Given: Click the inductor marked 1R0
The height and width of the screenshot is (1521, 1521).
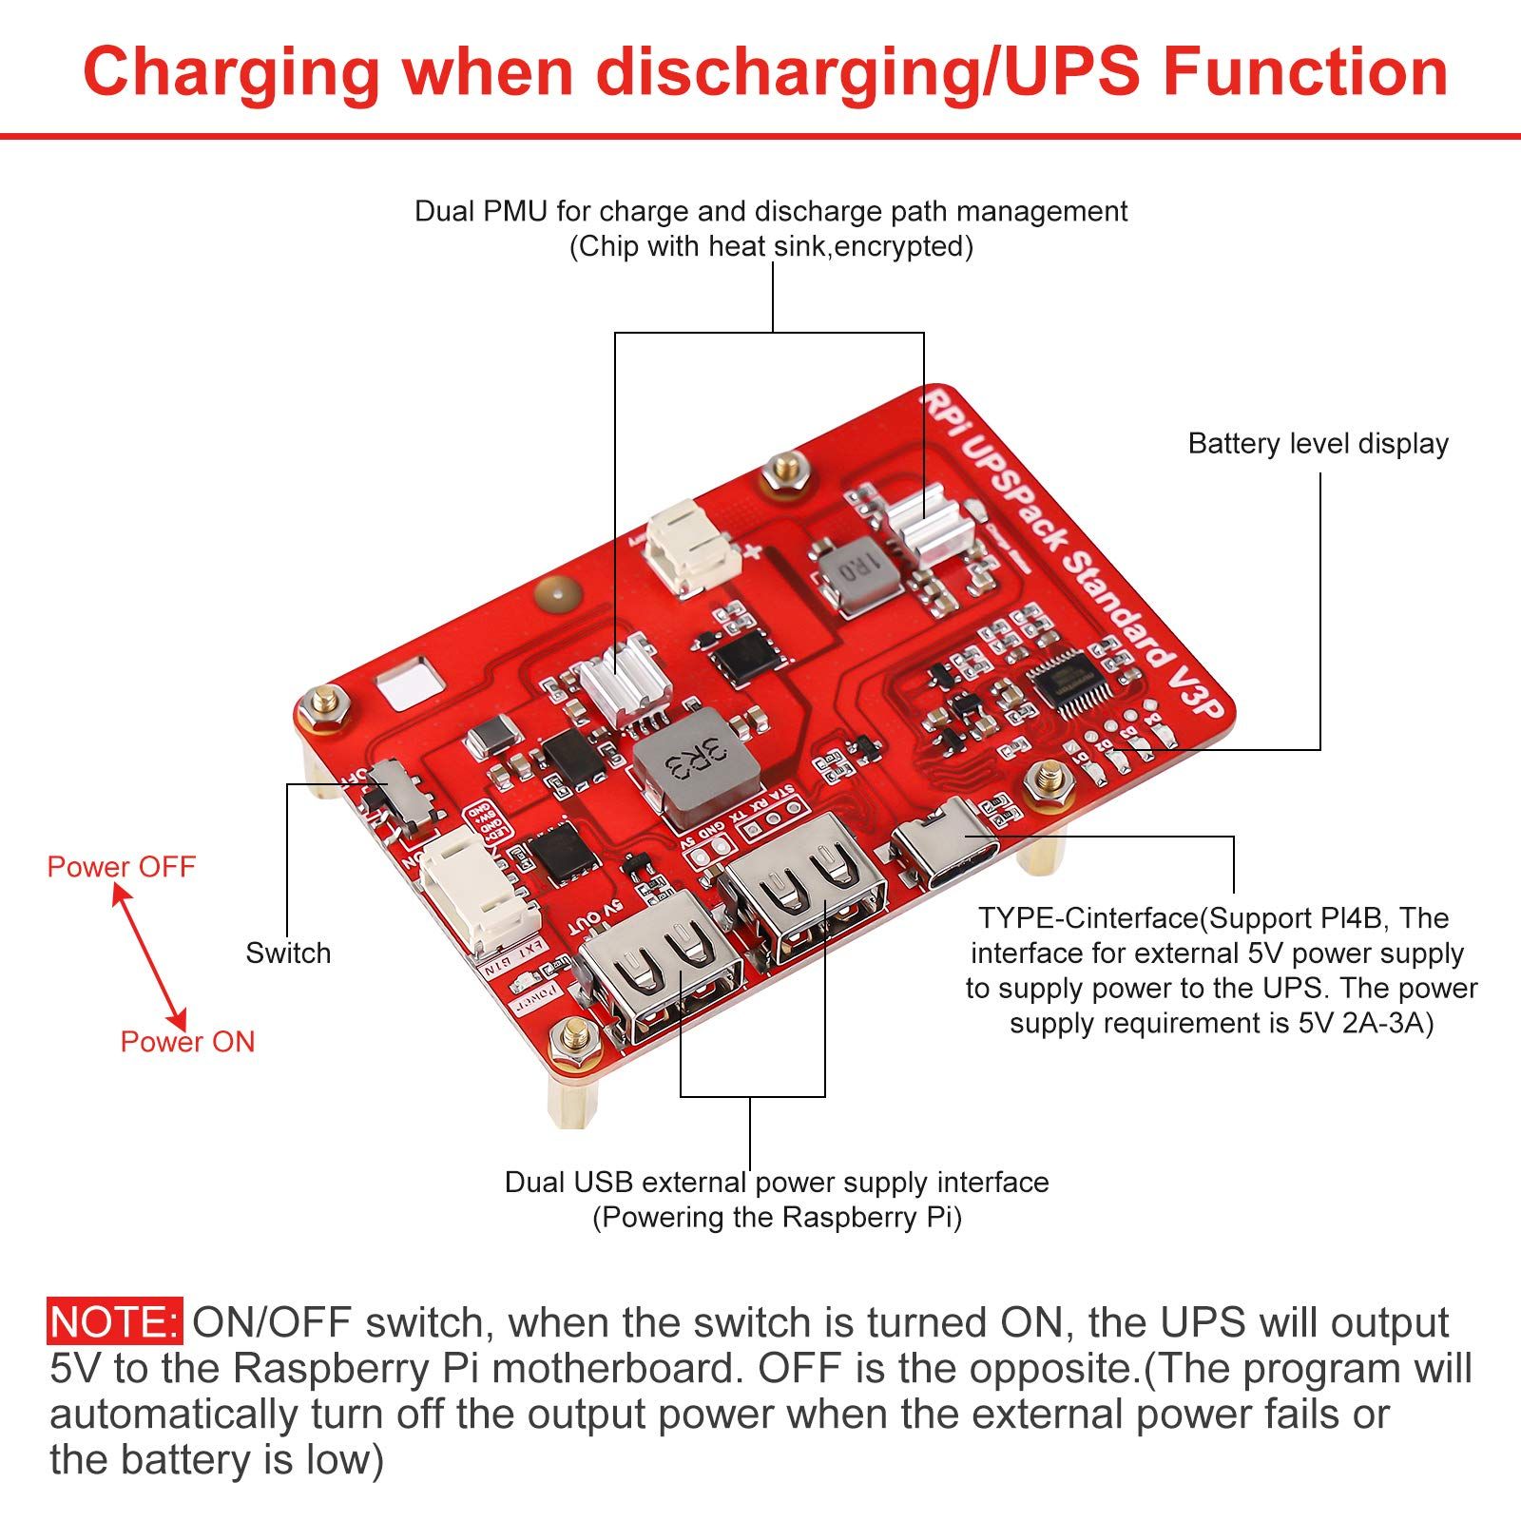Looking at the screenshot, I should pyautogui.click(x=854, y=572).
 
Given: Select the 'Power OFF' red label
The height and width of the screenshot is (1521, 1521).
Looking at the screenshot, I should pyautogui.click(x=121, y=866).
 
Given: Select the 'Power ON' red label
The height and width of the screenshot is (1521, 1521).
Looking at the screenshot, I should pyautogui.click(x=187, y=1041).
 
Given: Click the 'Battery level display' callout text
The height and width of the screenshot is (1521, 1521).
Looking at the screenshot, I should pyautogui.click(x=1318, y=443).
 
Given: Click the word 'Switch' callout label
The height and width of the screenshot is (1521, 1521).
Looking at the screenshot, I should pyautogui.click(x=288, y=953).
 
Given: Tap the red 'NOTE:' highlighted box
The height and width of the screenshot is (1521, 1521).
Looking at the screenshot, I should pyautogui.click(x=114, y=1322).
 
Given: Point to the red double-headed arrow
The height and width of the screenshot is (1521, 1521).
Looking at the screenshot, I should pyautogui.click(x=149, y=953).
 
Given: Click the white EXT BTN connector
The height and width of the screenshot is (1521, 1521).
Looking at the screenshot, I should pyautogui.click(x=480, y=894).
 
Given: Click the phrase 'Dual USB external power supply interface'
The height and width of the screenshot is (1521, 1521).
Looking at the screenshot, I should pyautogui.click(x=776, y=1182).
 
